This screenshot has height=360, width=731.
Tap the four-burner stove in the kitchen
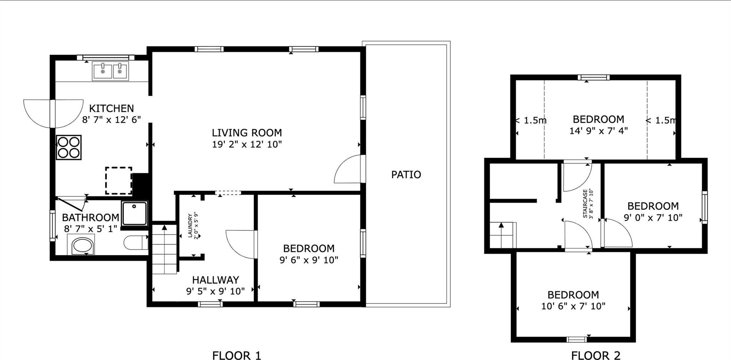point(69,147)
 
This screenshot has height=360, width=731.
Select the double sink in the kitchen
point(110,71)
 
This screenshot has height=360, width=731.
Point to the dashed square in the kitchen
point(119,180)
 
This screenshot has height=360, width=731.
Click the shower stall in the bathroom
point(134,213)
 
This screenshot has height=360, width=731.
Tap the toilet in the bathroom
point(136,243)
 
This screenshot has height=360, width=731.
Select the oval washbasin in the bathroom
point(83,246)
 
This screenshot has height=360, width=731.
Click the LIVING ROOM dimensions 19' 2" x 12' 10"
point(247,144)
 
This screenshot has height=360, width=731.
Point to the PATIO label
point(406,175)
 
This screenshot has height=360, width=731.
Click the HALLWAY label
point(216,280)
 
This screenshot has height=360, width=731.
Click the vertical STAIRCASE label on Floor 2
point(588,204)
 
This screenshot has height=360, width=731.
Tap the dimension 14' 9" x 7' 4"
point(598,131)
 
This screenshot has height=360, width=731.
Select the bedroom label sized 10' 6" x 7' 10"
point(573,295)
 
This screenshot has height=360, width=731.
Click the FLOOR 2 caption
point(595,355)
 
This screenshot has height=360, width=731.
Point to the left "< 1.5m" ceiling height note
point(531,120)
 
